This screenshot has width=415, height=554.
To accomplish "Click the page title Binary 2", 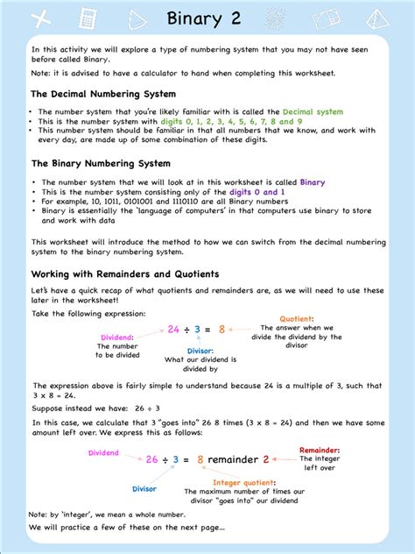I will coord(207,18).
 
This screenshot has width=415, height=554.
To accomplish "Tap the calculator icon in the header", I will coord(86,18).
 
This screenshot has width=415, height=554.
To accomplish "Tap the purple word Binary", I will coord(313,182).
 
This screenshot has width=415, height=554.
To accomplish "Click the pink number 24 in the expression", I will coord(174,330).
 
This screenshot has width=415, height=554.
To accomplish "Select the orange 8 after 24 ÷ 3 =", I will coord(222,330).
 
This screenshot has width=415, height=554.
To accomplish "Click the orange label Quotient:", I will coord(298,319).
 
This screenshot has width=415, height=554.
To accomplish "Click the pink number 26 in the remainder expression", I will coord(152,458).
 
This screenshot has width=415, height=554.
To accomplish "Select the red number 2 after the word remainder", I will coord(266,458).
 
